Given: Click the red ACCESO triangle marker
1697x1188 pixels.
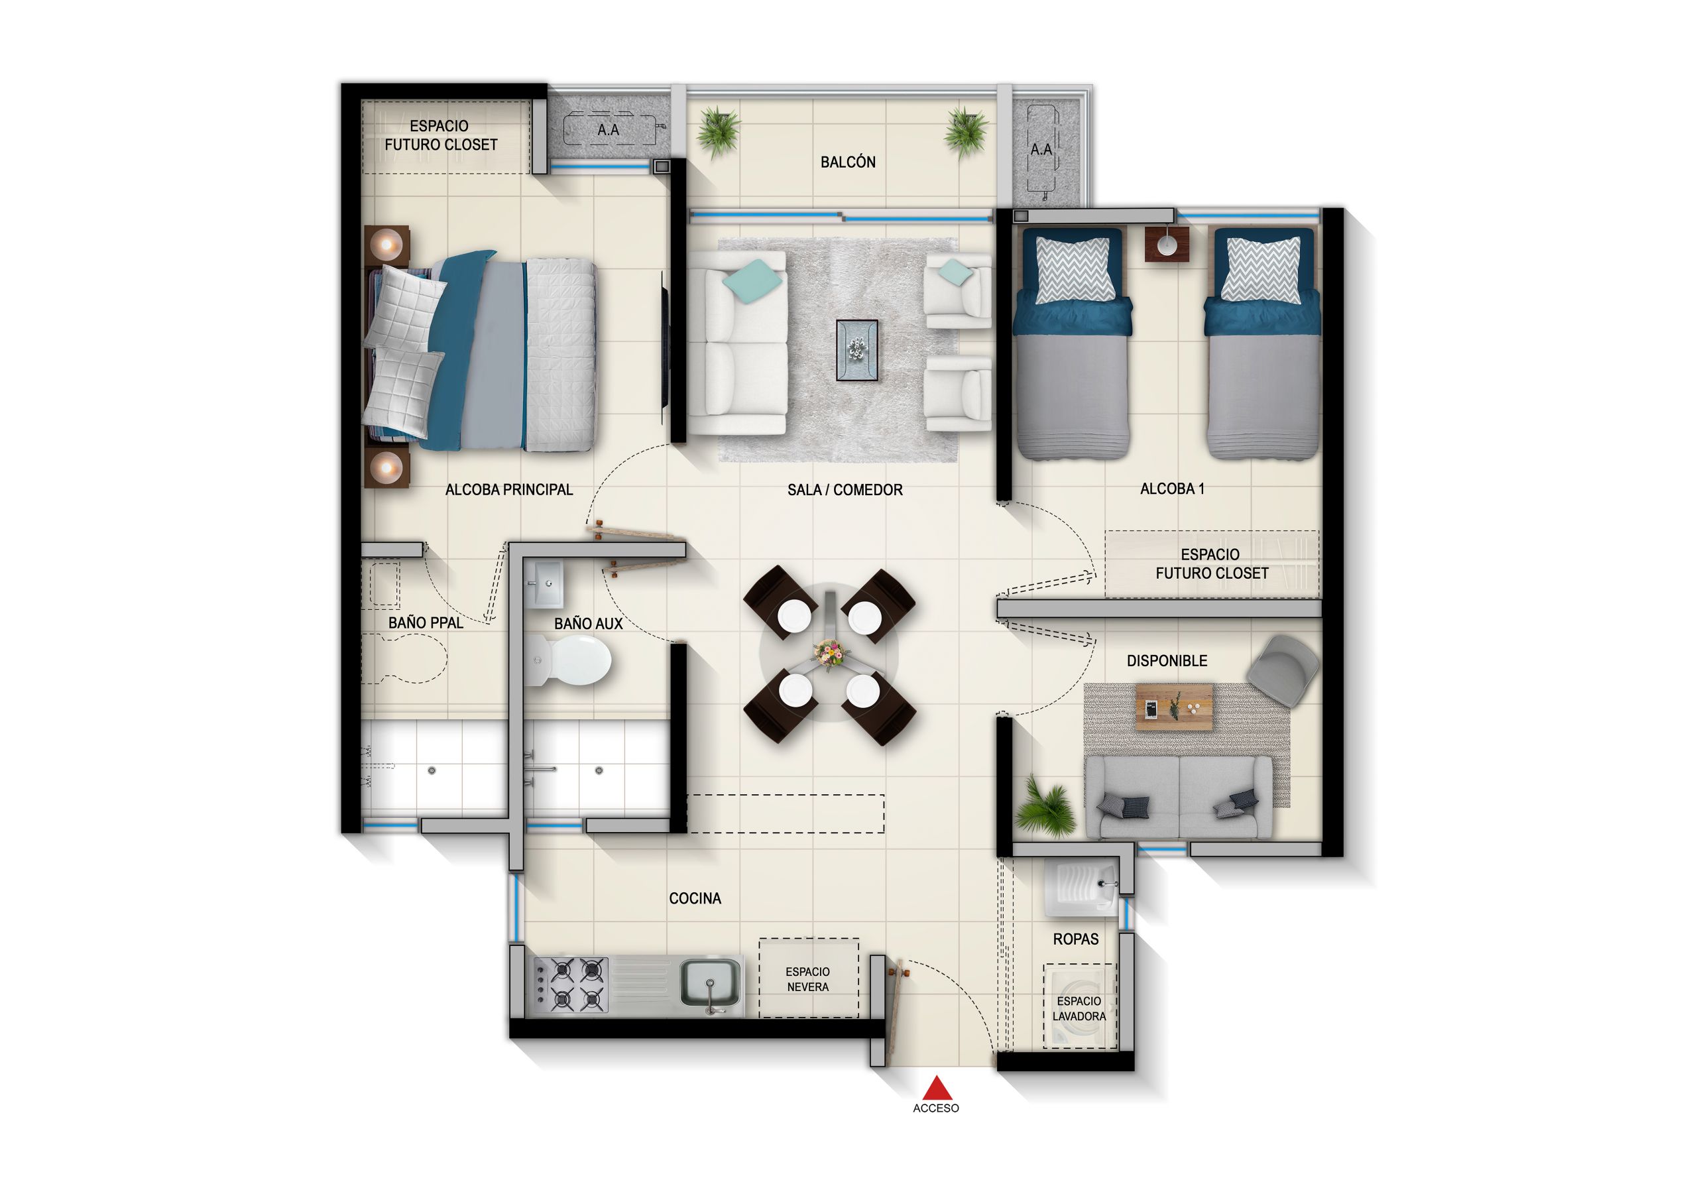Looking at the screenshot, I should point(937,1087).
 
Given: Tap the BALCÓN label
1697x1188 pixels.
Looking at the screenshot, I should point(848,162).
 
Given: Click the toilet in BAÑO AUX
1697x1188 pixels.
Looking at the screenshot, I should point(571,660).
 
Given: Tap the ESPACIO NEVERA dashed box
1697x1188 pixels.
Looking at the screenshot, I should point(808,978).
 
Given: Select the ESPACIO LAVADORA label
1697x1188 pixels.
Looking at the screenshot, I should point(1079,1008).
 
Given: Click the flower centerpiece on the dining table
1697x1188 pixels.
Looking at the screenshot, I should point(829,654).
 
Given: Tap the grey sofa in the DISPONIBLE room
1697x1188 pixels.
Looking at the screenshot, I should point(1177,797).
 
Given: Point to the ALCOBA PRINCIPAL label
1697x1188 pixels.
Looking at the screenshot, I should point(508,489).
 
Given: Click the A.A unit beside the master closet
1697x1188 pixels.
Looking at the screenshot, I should point(609,130).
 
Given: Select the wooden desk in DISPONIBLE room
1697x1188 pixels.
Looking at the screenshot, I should point(1175,707).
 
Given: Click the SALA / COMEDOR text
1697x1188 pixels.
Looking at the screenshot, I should point(845,489).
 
